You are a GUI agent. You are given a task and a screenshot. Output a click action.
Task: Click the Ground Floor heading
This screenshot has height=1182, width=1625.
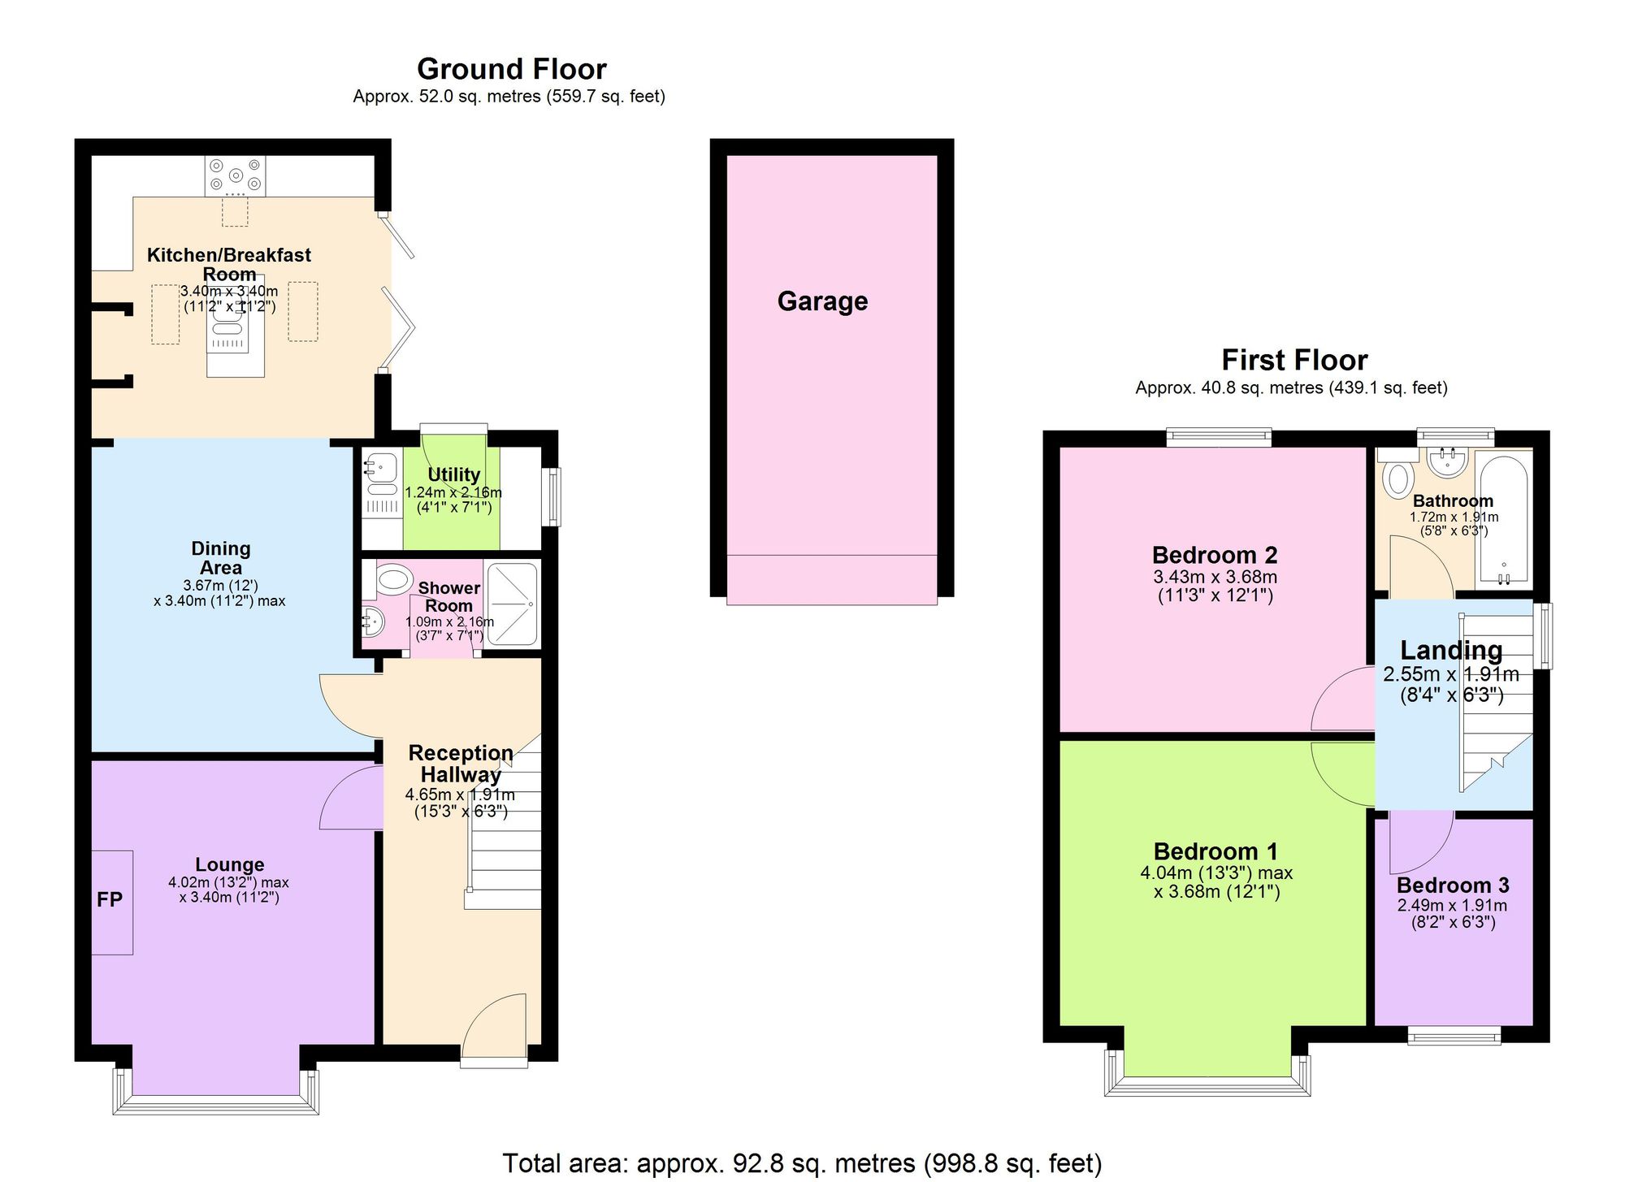click(511, 69)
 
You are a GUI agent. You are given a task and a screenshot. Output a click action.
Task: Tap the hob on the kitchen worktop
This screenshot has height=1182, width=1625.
click(235, 175)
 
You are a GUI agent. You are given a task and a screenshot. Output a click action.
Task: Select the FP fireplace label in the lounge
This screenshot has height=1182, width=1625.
click(110, 899)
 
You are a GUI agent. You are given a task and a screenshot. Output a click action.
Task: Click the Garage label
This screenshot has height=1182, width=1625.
click(822, 301)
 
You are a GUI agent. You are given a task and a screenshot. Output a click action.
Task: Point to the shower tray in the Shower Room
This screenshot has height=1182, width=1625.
click(512, 604)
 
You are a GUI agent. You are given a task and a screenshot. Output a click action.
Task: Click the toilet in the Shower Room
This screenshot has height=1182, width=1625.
click(393, 580)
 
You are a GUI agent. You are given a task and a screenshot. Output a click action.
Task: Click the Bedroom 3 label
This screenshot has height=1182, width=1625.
click(1453, 885)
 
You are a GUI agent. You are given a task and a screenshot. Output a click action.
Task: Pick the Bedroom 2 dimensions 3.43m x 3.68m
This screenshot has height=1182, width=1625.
click(1215, 577)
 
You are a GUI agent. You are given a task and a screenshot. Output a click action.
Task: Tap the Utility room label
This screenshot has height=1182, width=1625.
click(453, 474)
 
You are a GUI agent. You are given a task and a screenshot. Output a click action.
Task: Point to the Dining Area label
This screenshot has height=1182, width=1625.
click(220, 558)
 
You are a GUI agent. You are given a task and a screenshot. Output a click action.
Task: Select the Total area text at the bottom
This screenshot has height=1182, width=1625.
click(802, 1163)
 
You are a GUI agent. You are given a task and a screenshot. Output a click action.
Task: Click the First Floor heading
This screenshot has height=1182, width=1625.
click(1294, 360)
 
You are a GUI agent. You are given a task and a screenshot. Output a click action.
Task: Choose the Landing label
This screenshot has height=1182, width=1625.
click(1450, 650)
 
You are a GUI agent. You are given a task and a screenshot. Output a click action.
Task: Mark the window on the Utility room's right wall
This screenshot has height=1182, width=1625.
click(552, 496)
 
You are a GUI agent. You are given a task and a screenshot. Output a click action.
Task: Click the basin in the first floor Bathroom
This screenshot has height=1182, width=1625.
click(1447, 463)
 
